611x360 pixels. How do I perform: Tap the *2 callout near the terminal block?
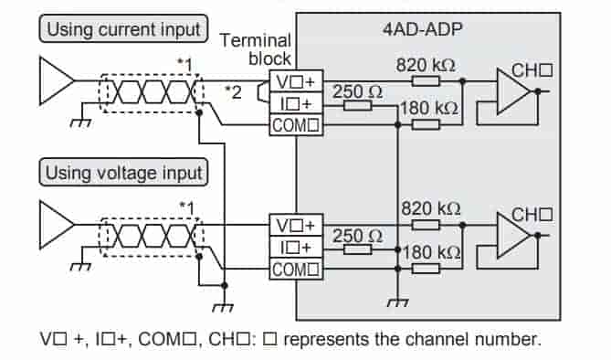point(236,94)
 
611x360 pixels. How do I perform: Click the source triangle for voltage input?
point(54,225)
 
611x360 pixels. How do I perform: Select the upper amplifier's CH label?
point(532,69)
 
